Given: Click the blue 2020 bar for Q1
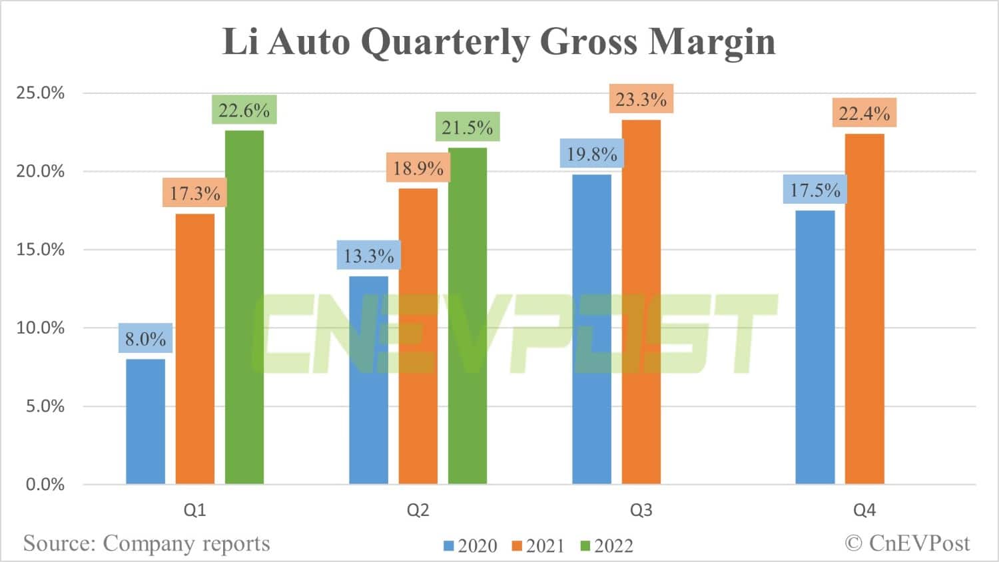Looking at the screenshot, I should point(145,422).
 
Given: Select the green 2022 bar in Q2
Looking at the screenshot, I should point(468,316).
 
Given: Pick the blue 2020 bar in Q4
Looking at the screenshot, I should point(815,347).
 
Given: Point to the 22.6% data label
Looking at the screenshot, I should point(244,110).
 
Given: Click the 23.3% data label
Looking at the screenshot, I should point(641,99).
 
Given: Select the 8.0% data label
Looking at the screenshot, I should point(145,338).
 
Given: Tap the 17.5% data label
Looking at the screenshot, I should point(815,190).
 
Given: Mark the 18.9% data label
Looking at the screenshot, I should point(418,168).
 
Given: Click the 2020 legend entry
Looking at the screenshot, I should point(470,546).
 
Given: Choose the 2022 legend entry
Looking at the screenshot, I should point(606,546).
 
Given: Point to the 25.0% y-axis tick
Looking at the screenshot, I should point(41,93).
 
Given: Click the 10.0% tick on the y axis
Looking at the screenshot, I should point(41,328).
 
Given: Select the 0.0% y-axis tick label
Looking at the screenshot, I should point(45,484).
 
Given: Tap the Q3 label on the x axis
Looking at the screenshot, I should point(641,510).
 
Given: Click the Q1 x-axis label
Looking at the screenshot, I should point(194,510).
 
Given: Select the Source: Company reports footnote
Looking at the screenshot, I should point(147,543).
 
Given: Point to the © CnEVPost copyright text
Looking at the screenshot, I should point(907,543).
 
